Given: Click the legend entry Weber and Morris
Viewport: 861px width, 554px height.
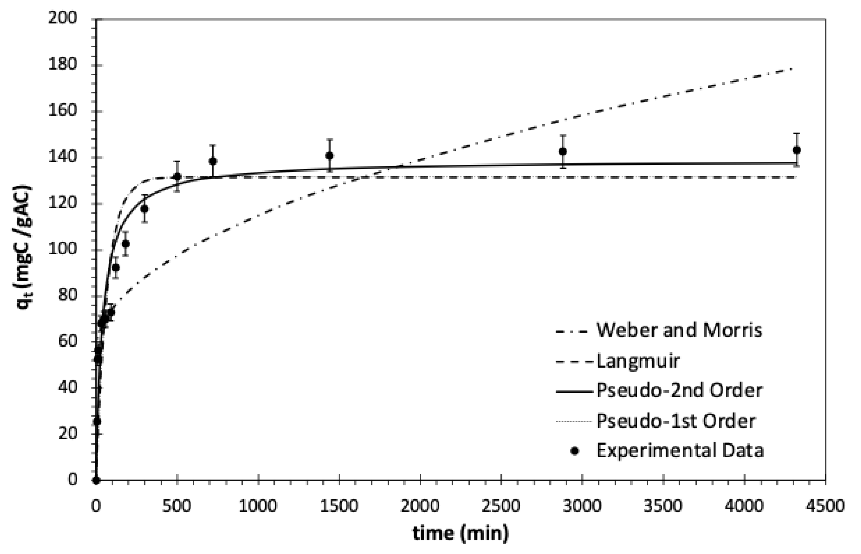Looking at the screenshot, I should point(679,330).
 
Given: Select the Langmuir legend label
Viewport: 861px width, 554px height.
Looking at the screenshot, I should point(638,361).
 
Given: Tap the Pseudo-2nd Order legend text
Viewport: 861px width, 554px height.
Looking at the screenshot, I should point(679,391).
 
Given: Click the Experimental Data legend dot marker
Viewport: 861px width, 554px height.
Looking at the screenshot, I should point(574,451).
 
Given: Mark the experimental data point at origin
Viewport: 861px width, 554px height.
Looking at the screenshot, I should point(96,480).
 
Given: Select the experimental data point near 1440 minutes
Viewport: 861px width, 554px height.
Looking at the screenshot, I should point(329,156).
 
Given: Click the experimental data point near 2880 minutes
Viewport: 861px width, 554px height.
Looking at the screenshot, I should point(563,151).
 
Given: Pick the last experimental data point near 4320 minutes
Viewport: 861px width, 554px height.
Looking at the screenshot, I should point(796,150).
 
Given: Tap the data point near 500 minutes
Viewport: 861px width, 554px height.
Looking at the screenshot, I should point(177,177).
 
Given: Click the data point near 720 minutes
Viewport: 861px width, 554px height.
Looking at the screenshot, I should point(213,161).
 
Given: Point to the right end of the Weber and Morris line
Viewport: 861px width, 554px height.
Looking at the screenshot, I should point(792,68).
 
